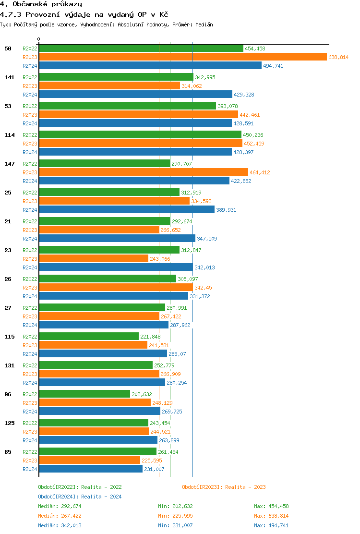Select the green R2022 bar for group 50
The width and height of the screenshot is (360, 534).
(141, 49)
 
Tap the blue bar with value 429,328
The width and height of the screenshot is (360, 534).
(135, 95)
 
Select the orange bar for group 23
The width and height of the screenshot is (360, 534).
(94, 259)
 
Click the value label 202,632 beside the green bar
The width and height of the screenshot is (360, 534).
(142, 394)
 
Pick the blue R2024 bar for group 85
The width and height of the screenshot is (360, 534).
(91, 469)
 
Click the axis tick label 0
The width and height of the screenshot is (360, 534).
(39, 39)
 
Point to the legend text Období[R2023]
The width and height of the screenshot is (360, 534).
(202, 487)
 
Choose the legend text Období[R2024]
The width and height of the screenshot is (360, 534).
(58, 497)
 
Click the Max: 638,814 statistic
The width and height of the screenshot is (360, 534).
(271, 516)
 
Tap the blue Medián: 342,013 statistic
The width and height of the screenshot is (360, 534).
(60, 525)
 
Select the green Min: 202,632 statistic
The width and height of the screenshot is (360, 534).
(175, 506)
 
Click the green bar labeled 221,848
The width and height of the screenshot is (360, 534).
(89, 337)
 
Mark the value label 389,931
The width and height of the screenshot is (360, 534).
(226, 210)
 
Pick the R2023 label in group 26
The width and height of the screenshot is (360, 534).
(30, 288)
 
